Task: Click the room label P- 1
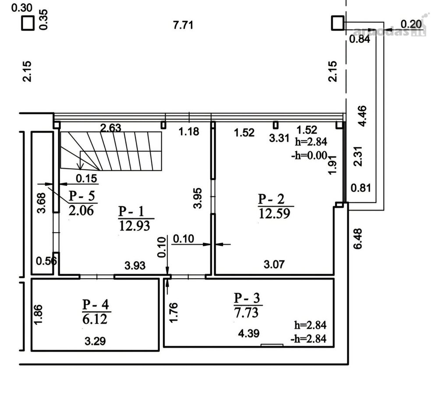131,211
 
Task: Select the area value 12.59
274,213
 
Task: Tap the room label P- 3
247,298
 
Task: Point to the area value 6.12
95,319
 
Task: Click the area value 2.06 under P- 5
81,210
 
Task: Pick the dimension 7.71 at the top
183,25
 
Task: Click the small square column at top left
28,23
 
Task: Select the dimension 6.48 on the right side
358,239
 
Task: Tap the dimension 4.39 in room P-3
249,334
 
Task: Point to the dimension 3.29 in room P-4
95,341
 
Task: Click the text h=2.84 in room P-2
311,141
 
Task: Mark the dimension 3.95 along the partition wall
198,198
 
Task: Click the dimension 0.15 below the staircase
86,179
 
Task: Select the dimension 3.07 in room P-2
274,265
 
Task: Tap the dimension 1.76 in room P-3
173,312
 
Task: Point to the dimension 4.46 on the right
363,116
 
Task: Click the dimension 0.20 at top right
411,24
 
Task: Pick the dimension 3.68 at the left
42,203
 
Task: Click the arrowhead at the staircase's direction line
81,167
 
